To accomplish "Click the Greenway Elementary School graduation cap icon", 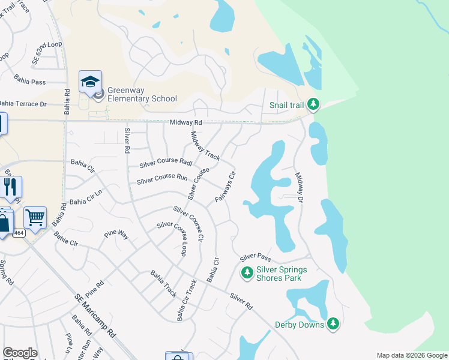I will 90,82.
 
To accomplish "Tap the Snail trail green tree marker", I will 313,105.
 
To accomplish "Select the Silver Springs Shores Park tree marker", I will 247,274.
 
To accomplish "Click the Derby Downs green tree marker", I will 333,325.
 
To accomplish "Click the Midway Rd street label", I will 185,122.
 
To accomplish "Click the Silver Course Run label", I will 162,179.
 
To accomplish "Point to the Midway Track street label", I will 205,146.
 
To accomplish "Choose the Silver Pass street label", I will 256,257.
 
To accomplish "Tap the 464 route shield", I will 19,233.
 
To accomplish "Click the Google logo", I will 20,353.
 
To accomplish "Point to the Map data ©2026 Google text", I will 411,355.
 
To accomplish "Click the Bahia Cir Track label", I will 187,300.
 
